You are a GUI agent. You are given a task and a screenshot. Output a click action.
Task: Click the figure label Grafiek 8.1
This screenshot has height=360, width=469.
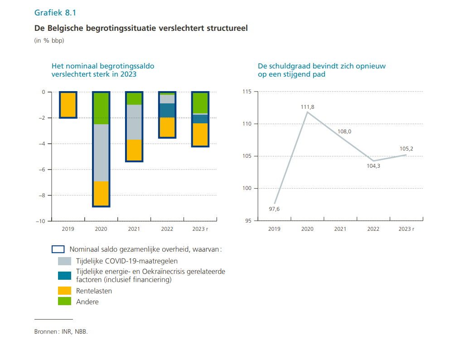[x=55, y=12]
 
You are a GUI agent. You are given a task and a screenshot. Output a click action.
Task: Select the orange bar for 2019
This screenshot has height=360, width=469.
[x=68, y=105]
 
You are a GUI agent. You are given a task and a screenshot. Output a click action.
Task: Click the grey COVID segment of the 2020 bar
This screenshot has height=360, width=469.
[x=101, y=152]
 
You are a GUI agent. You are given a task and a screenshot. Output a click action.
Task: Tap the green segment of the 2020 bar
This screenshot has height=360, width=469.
[x=101, y=108]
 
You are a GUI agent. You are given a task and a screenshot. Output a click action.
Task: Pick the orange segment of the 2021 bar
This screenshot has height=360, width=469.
[x=134, y=150]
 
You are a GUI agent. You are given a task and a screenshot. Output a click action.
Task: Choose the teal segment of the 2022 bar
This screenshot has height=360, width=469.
[x=167, y=110]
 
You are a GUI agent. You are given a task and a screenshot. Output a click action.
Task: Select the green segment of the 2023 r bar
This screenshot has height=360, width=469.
[x=200, y=103]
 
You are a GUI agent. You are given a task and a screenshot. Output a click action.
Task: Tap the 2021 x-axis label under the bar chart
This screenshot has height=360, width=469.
[x=134, y=229]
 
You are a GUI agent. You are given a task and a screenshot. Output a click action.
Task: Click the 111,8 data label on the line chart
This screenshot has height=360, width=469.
[x=307, y=107]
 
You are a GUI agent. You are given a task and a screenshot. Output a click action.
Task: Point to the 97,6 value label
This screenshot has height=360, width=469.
[x=275, y=209]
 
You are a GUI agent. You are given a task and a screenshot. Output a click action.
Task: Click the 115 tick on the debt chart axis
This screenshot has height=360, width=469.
[x=247, y=92]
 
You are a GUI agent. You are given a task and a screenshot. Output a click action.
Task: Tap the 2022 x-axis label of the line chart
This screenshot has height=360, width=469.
[x=373, y=229]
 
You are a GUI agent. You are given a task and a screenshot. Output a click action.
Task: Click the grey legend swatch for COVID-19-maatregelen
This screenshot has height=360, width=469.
[x=65, y=261]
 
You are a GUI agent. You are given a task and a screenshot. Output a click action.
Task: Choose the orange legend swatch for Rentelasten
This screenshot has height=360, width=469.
[x=65, y=291]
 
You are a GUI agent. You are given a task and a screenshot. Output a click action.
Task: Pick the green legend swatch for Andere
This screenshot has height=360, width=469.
[x=65, y=302]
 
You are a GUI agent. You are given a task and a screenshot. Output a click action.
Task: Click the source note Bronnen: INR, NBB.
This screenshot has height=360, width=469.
[x=61, y=331]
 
